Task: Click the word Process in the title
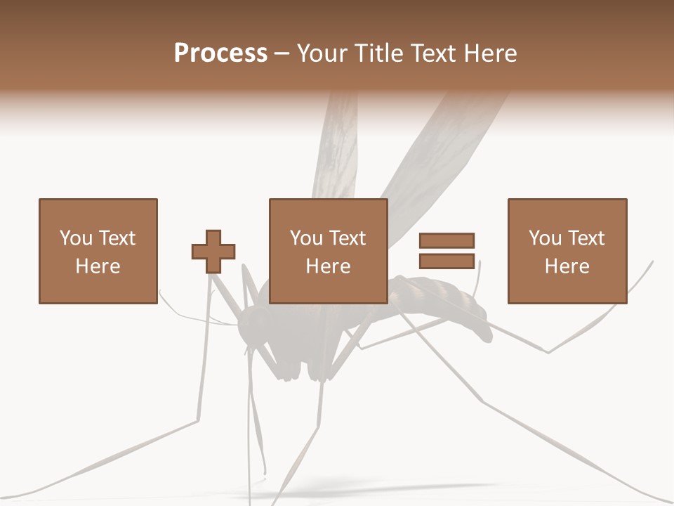tap(220, 53)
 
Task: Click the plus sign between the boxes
tap(213, 252)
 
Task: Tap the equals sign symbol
tap(447, 251)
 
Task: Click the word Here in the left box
tap(98, 266)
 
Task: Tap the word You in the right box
tap(545, 238)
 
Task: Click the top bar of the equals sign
tap(447, 241)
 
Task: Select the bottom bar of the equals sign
tap(447, 261)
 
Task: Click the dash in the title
tap(282, 53)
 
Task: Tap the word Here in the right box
tap(567, 266)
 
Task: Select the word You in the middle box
tap(306, 238)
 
